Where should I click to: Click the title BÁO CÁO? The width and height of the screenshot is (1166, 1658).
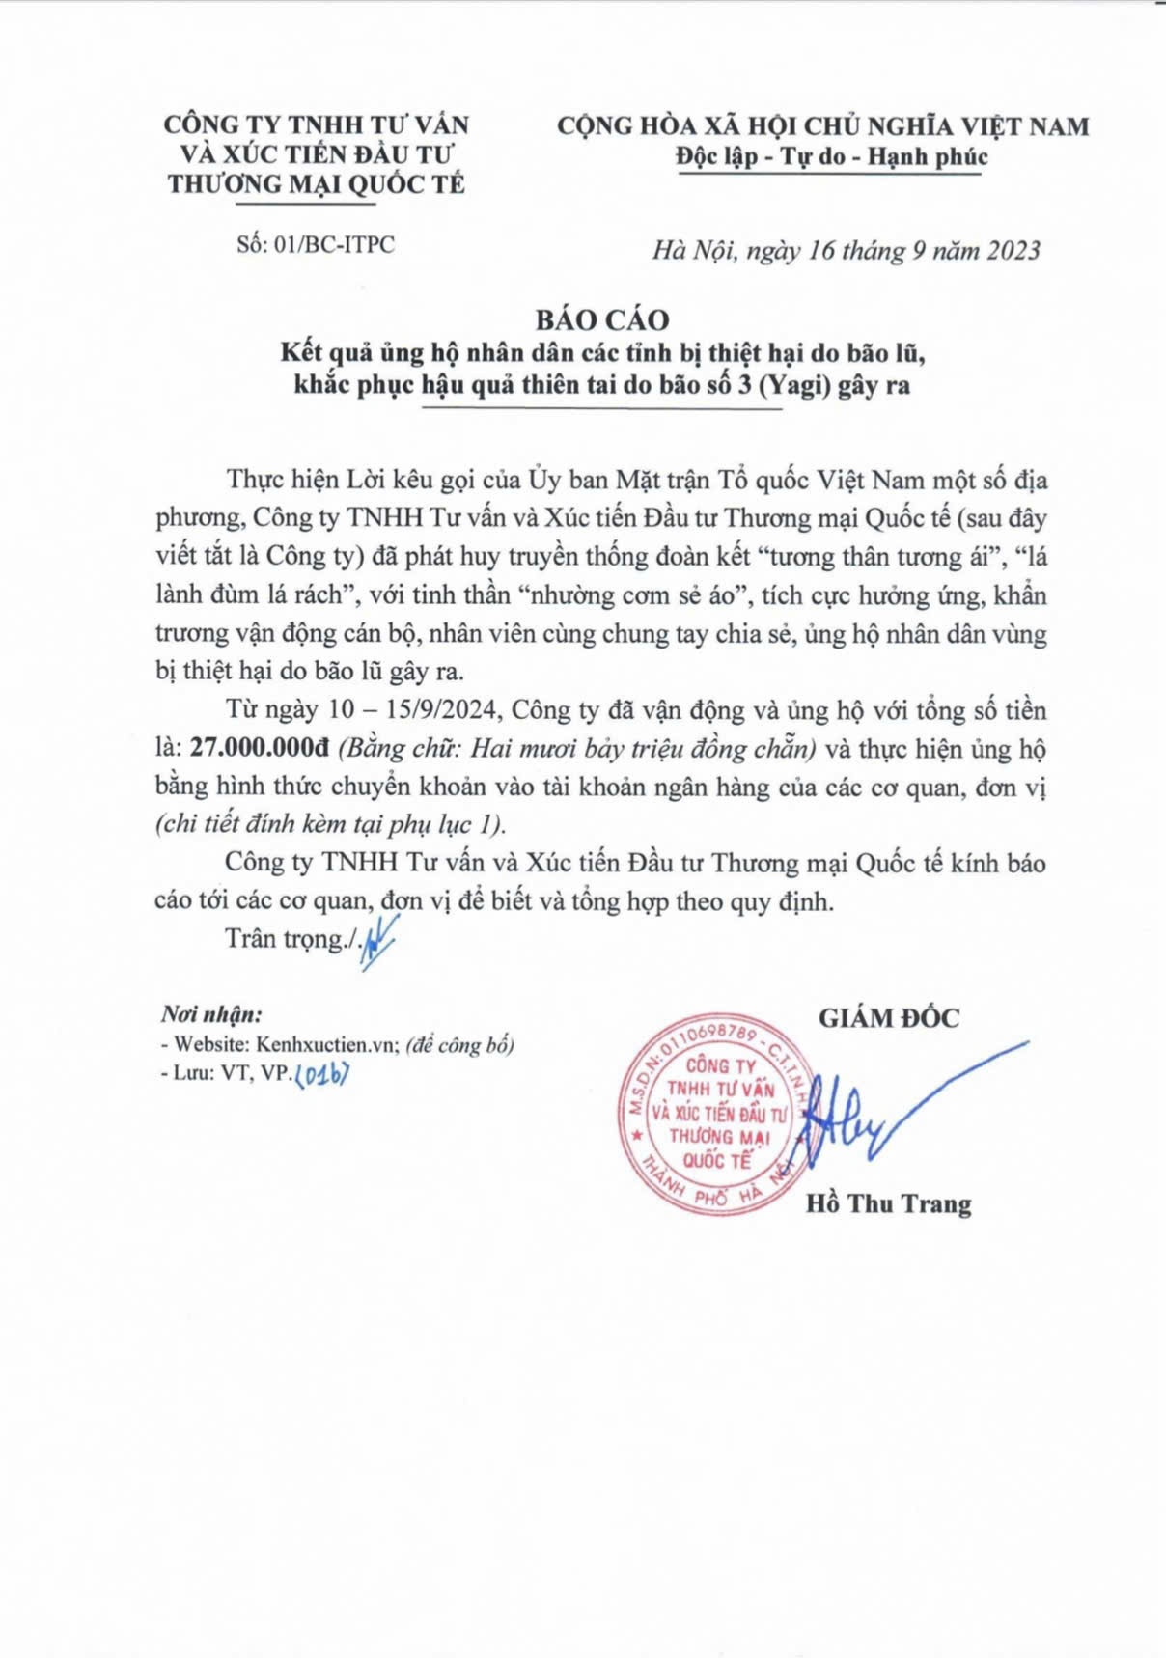click(602, 319)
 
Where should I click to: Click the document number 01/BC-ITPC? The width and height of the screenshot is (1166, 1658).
click(334, 244)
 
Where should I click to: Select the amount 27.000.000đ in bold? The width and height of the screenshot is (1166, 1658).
click(260, 749)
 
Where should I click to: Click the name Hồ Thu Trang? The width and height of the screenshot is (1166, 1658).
click(888, 1203)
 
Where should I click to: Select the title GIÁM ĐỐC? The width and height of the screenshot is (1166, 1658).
click(889, 1018)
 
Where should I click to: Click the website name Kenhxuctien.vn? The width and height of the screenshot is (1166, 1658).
click(327, 1045)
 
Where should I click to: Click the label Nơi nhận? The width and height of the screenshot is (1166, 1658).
click(211, 1014)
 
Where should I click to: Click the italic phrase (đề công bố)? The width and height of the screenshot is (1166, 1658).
click(460, 1045)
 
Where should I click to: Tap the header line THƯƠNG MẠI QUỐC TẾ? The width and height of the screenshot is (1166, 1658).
click(316, 184)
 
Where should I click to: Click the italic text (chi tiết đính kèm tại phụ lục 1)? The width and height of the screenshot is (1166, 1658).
click(330, 824)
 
